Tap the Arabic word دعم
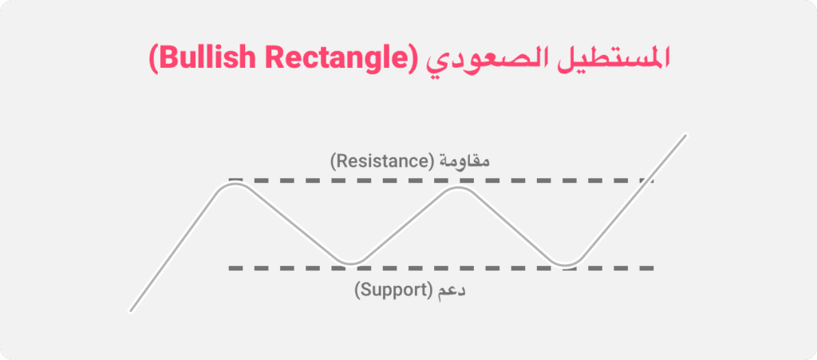451,290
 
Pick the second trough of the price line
566,263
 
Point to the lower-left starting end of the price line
130,311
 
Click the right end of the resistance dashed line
653,181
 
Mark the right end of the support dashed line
653,268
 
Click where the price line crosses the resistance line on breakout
644,181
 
